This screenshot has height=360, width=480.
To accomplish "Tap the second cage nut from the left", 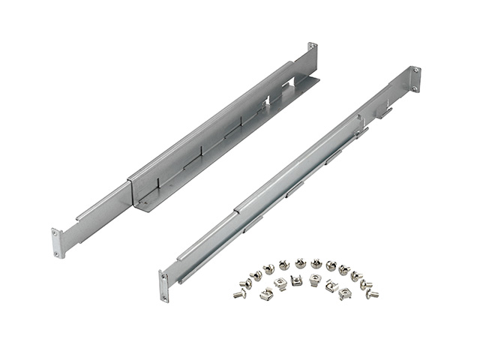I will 280,282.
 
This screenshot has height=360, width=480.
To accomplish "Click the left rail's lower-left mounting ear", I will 58,243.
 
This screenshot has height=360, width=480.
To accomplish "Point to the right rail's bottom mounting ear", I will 163,285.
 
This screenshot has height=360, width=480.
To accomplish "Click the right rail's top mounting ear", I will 415,77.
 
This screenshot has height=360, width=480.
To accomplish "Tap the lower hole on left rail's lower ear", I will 58,253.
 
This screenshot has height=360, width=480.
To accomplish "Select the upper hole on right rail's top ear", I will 415,70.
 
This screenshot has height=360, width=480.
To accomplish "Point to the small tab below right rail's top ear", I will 384,112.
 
